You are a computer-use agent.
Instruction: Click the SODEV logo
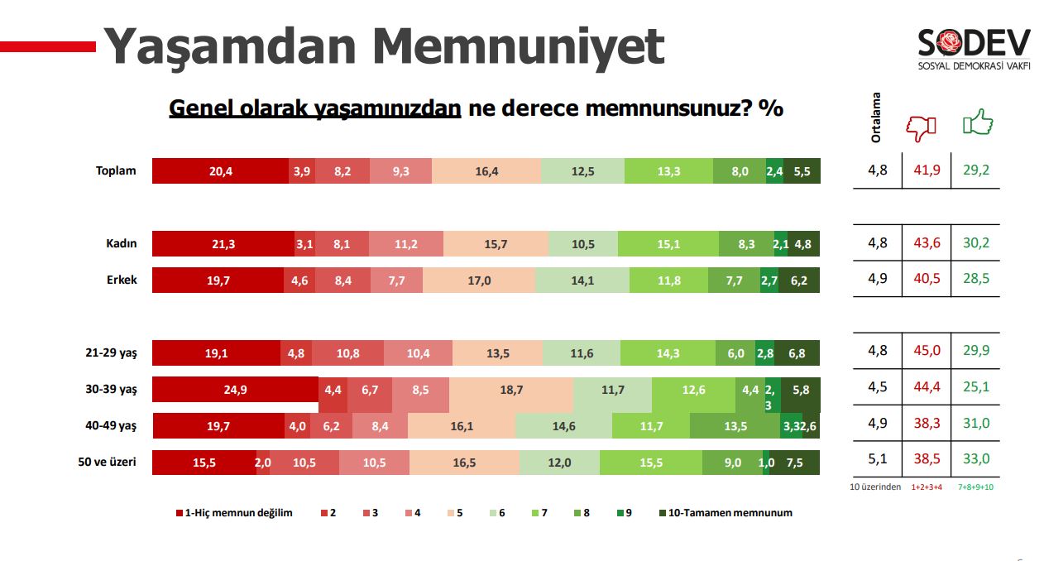click(x=974, y=48)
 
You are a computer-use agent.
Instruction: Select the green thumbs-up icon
click(x=977, y=124)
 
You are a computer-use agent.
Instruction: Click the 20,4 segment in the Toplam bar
click(x=220, y=171)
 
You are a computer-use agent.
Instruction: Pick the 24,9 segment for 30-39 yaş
click(x=236, y=390)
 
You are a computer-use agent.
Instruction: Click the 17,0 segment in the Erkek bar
click(x=479, y=280)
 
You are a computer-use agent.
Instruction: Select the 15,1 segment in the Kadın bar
click(x=668, y=244)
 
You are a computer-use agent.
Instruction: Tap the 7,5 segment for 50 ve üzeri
click(x=794, y=463)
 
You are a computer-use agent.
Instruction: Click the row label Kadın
click(x=120, y=244)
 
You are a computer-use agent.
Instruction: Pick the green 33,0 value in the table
click(x=975, y=459)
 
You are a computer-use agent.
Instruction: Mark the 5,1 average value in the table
click(x=877, y=459)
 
